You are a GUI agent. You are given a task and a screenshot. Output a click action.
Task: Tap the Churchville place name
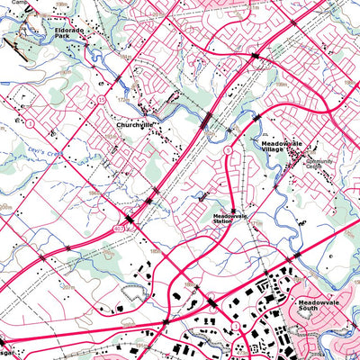point(137,126)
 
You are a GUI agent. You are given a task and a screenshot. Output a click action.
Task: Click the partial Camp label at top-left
point(8,3)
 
